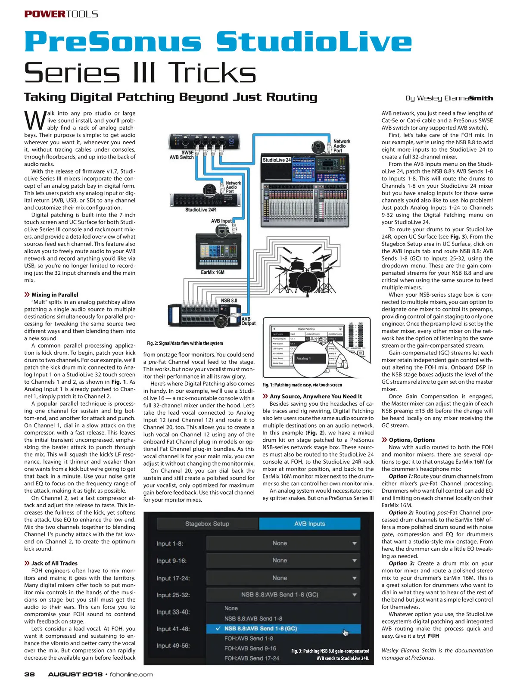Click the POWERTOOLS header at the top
click(x=61, y=14)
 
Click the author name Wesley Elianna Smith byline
click(x=449, y=98)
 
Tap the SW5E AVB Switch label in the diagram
click(x=181, y=155)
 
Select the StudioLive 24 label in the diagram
click(x=277, y=160)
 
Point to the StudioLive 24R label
click(x=200, y=210)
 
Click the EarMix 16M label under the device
click(x=212, y=272)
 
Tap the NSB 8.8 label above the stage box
click(x=229, y=301)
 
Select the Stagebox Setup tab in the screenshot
click(x=207, y=524)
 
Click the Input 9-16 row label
click(x=171, y=561)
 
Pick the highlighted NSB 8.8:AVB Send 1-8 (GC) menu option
click(x=261, y=628)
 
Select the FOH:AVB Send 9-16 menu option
click(x=250, y=648)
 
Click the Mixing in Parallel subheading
click(x=55, y=295)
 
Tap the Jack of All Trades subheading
click(x=54, y=563)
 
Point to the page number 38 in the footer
click(x=29, y=674)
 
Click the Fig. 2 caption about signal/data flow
click(x=185, y=343)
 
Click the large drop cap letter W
click(x=34, y=121)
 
